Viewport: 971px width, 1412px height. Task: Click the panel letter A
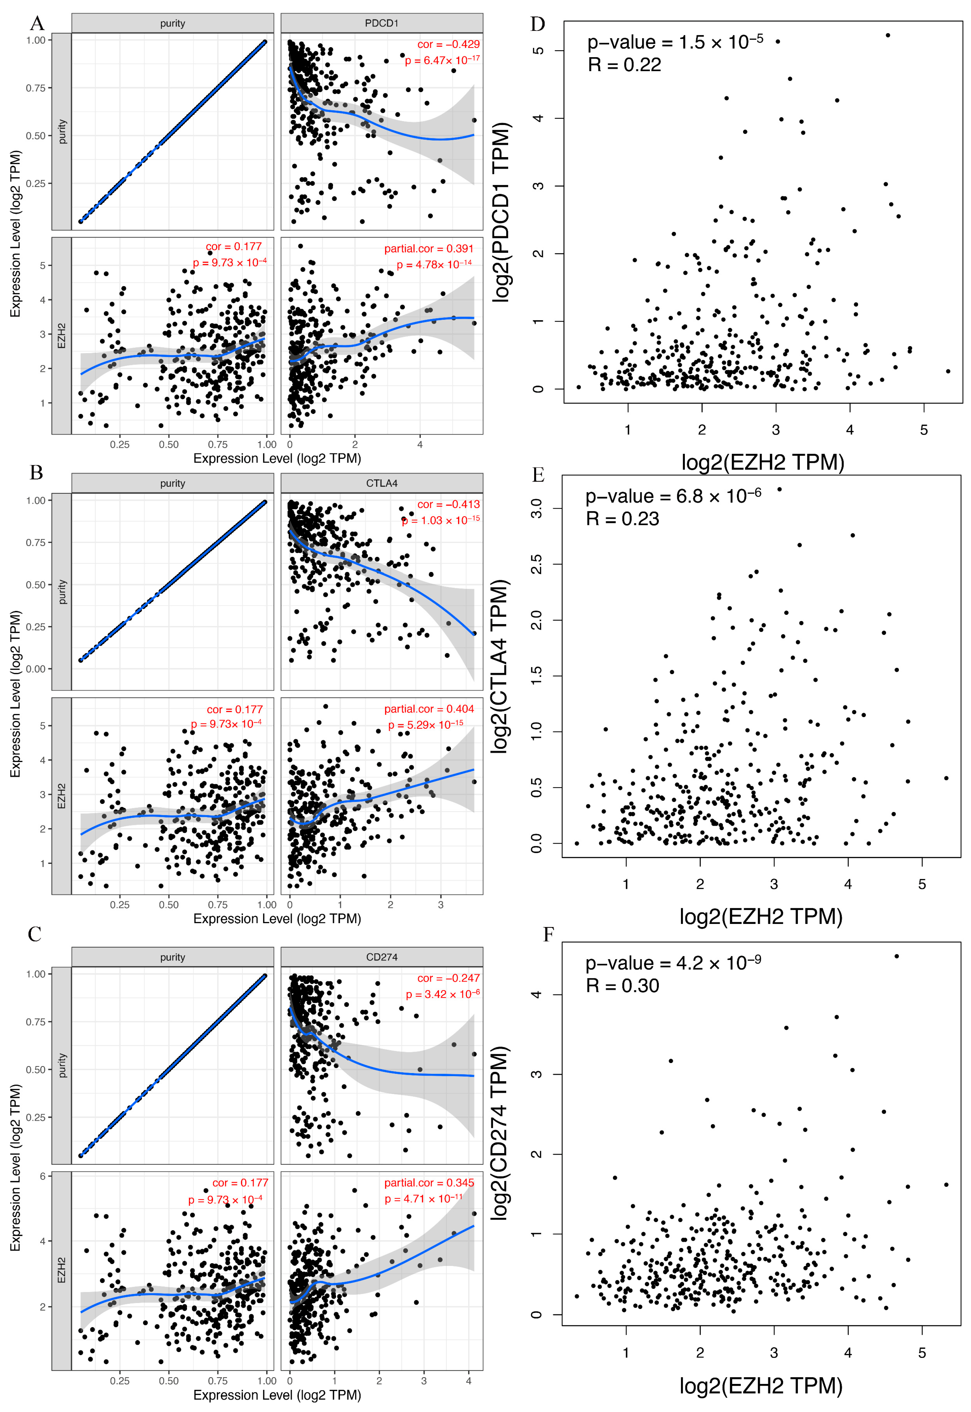(x=37, y=23)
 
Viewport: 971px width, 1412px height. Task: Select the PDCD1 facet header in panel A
(x=381, y=23)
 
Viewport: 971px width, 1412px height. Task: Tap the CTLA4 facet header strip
(x=381, y=483)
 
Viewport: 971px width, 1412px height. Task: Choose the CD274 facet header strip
(x=381, y=957)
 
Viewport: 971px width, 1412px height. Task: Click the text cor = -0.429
(x=448, y=44)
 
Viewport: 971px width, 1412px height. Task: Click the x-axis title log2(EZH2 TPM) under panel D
(x=762, y=462)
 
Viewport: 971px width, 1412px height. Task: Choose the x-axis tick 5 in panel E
(x=922, y=884)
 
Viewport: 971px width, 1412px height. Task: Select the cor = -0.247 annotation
(x=448, y=978)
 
